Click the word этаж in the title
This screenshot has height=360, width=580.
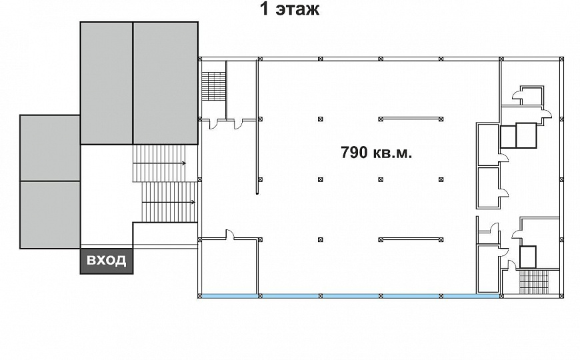tap(297, 9)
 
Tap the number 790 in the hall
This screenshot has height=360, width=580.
tap(355, 152)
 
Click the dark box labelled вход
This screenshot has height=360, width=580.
tap(107, 261)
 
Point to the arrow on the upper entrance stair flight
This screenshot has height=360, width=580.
tap(159, 163)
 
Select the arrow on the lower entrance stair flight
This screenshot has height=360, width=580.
tap(169, 202)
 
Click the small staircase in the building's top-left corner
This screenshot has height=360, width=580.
tap(213, 85)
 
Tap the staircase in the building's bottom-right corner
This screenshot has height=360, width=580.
tap(534, 282)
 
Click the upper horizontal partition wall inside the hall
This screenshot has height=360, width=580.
tap(411, 119)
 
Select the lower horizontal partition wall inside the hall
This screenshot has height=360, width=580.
tap(411, 240)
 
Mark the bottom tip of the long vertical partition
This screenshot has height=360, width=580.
tap(257, 193)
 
